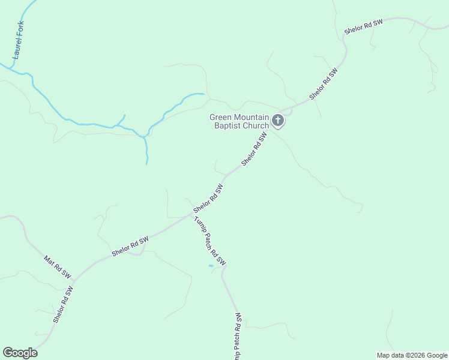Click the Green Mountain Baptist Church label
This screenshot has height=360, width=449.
[238, 121]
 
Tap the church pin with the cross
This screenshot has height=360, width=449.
[277, 121]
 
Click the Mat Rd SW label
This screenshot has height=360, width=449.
[58, 268]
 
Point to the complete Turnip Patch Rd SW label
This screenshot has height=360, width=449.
[209, 240]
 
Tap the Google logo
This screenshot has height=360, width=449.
[20, 353]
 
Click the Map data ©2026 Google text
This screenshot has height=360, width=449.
[412, 355]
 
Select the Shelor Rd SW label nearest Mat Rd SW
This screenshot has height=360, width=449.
[63, 304]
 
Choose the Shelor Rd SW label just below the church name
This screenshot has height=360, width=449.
[254, 149]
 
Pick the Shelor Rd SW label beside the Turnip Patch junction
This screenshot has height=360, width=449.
[208, 199]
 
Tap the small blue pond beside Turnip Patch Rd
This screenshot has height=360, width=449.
[211, 266]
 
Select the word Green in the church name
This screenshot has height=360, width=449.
[220, 117]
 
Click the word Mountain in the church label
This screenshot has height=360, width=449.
[252, 117]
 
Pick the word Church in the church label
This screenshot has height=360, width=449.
[256, 125]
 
